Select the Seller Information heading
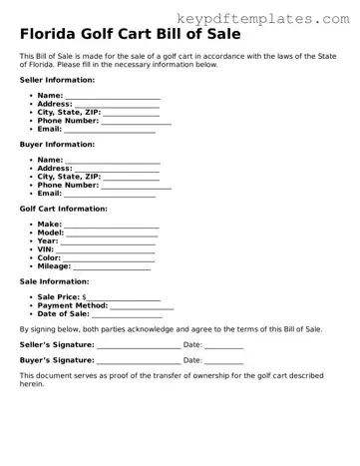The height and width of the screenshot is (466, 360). pyautogui.click(x=57, y=79)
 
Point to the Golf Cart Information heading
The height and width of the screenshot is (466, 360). pyautogui.click(x=64, y=209)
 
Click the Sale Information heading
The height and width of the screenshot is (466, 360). pyautogui.click(x=54, y=281)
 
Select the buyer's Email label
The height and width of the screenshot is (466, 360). pyautogui.click(x=50, y=194)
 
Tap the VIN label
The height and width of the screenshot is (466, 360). pyautogui.click(x=46, y=249)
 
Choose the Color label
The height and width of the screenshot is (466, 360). pyautogui.click(x=50, y=258)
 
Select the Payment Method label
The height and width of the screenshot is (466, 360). pyautogui.click(x=72, y=306)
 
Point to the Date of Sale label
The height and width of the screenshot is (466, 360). pyautogui.click(x=63, y=314)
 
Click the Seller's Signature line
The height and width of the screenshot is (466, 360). pyautogui.click(x=139, y=345)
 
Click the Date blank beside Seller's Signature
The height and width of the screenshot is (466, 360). pyautogui.click(x=223, y=345)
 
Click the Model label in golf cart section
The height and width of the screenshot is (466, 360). pyautogui.click(x=51, y=233)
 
